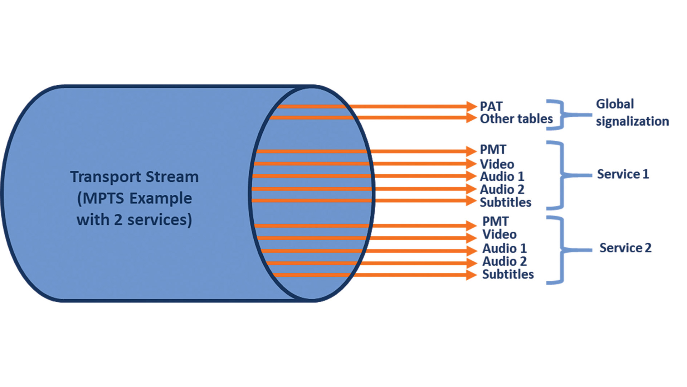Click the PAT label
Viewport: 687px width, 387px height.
(x=491, y=106)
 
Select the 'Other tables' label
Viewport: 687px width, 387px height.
(x=516, y=119)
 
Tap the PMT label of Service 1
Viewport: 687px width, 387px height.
(x=493, y=149)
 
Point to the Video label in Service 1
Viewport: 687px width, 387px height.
(x=497, y=164)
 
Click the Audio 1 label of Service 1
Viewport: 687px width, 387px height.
(x=502, y=176)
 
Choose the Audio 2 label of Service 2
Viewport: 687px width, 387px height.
(x=504, y=261)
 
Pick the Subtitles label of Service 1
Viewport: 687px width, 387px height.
(x=505, y=202)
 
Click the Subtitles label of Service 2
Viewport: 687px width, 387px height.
(x=508, y=274)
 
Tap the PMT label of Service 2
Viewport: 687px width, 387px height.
(x=495, y=221)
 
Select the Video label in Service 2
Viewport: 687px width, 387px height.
(x=499, y=234)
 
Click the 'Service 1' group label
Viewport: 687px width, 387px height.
(x=623, y=174)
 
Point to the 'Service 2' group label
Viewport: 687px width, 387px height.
(x=625, y=248)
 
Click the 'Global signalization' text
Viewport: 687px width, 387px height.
(x=632, y=113)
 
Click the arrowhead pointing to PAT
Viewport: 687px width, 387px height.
(x=471, y=106)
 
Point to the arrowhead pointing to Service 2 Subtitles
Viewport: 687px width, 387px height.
(x=471, y=275)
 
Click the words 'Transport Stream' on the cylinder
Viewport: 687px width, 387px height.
(x=134, y=177)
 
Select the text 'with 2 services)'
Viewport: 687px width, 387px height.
(x=134, y=220)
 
